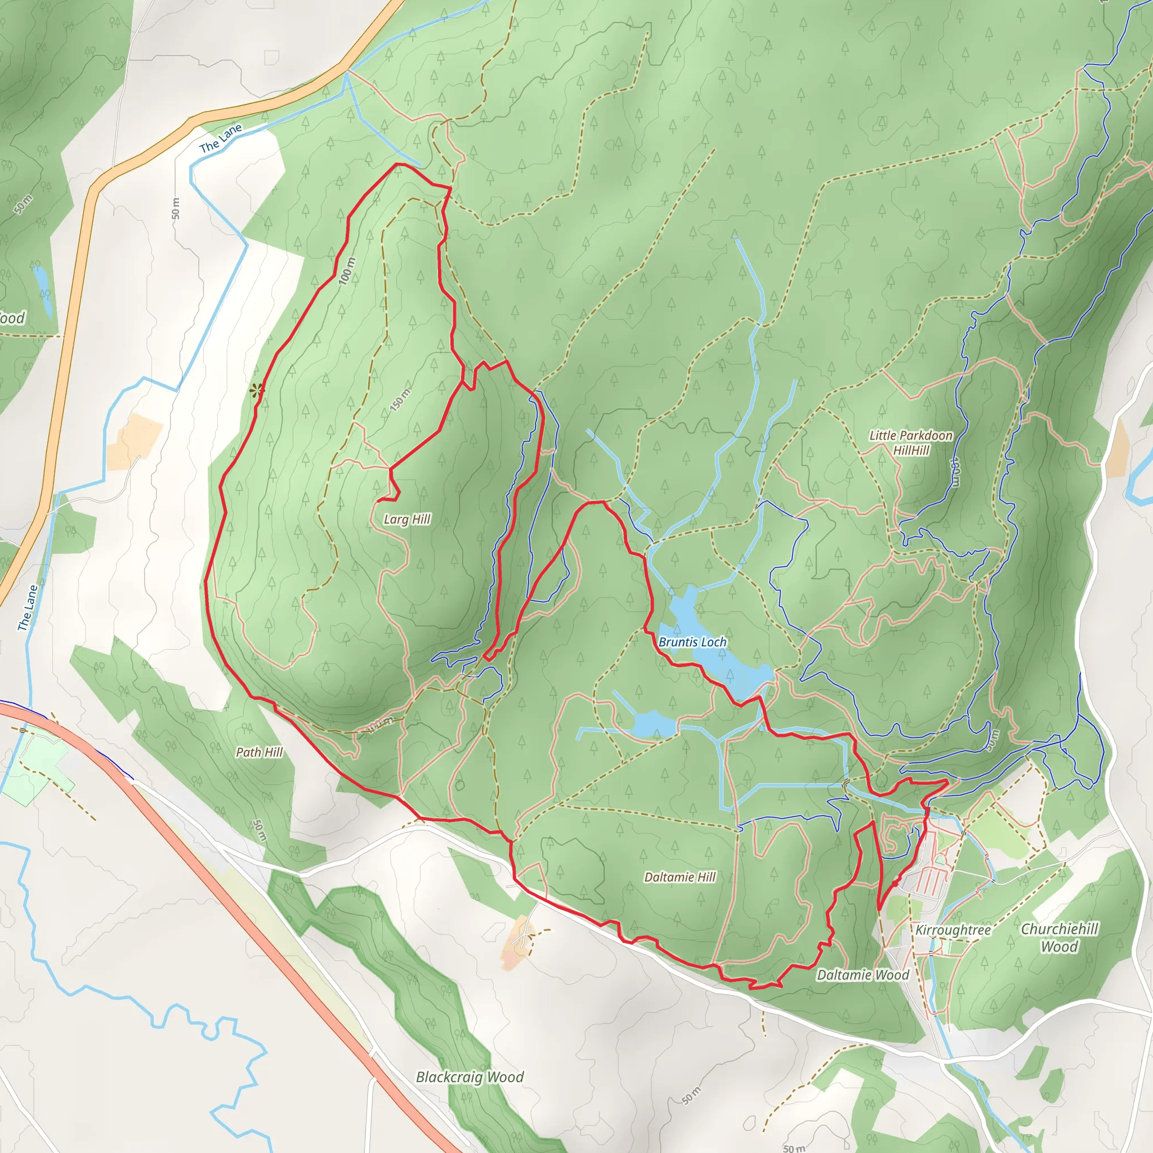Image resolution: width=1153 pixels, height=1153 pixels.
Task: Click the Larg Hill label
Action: [x=407, y=519]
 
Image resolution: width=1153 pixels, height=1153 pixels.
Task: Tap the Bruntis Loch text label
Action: [x=692, y=642]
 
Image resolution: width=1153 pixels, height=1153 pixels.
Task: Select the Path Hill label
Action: [x=259, y=752]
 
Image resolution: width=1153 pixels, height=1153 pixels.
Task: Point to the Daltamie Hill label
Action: [x=680, y=877]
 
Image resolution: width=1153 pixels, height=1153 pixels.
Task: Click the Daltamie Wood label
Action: [x=862, y=975]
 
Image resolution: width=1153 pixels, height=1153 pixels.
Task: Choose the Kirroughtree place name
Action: [x=953, y=930]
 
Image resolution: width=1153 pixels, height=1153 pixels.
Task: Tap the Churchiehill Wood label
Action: [x=1060, y=937]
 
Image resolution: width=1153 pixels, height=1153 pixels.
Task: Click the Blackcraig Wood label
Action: [x=470, y=1076]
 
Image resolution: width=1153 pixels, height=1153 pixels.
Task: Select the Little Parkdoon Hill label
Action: [x=911, y=442]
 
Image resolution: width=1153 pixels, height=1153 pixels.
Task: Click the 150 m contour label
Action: [x=400, y=399]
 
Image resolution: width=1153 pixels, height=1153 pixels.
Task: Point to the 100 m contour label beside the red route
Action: [x=347, y=271]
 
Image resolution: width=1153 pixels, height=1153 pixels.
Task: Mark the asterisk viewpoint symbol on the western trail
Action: [x=257, y=391]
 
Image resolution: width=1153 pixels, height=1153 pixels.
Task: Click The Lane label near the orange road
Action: [x=221, y=138]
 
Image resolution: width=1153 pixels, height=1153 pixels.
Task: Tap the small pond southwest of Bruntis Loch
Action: [x=654, y=724]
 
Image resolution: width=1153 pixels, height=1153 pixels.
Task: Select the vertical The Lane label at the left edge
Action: [x=28, y=607]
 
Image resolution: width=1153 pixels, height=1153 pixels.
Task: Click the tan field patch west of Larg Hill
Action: [x=135, y=440]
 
